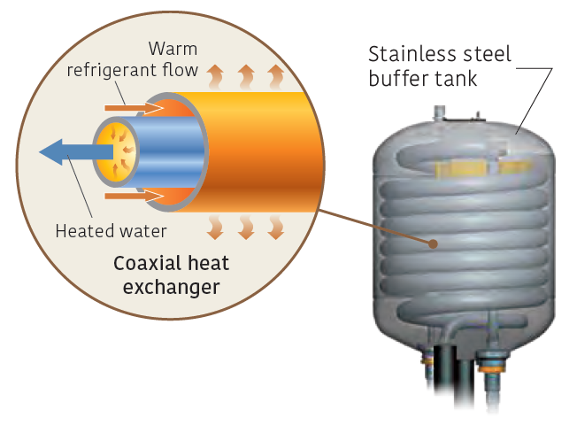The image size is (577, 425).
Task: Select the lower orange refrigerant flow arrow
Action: coord(133,195)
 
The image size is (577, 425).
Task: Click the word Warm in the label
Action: coord(173,48)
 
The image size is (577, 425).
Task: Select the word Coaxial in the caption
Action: coord(140,265)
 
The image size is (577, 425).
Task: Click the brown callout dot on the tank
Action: coord(434,243)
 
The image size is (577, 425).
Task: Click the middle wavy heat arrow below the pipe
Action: coord(246,228)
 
